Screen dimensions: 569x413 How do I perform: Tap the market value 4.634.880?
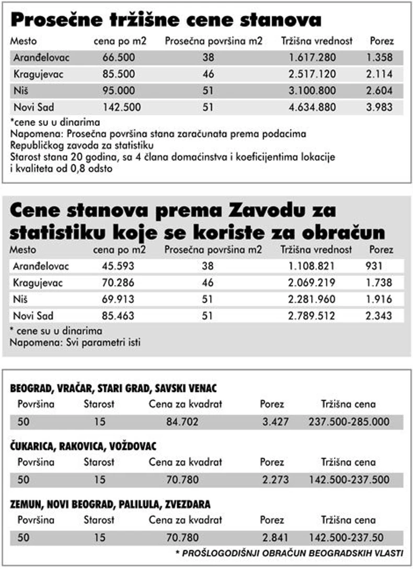[312, 108]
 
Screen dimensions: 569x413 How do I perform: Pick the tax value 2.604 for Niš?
[380, 91]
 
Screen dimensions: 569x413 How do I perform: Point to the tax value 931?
[374, 266]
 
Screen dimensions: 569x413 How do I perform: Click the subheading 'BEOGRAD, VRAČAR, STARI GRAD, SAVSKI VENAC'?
[113, 388]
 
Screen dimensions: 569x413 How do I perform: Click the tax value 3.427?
[275, 422]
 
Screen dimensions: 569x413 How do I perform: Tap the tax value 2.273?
[275, 480]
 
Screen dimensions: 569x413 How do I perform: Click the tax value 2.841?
[275, 537]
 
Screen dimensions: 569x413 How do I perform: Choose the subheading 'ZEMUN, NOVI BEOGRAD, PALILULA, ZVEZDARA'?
[110, 504]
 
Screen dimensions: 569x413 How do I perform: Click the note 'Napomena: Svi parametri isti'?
[75, 343]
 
